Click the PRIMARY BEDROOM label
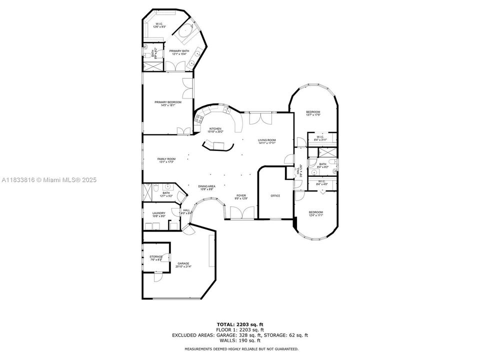[x=167, y=103]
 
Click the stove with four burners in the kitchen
[x=199, y=119]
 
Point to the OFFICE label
[x=274, y=195]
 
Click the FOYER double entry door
[x=241, y=213]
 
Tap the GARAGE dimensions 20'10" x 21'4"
[x=183, y=267]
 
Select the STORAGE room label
[x=156, y=257]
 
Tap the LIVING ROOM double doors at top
[x=260, y=118]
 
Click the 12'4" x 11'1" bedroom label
[x=315, y=213]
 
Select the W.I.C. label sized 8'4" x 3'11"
[x=320, y=138]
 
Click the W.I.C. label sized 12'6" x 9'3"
[x=159, y=25]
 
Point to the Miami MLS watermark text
[x=48, y=180]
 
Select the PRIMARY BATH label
[x=178, y=52]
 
